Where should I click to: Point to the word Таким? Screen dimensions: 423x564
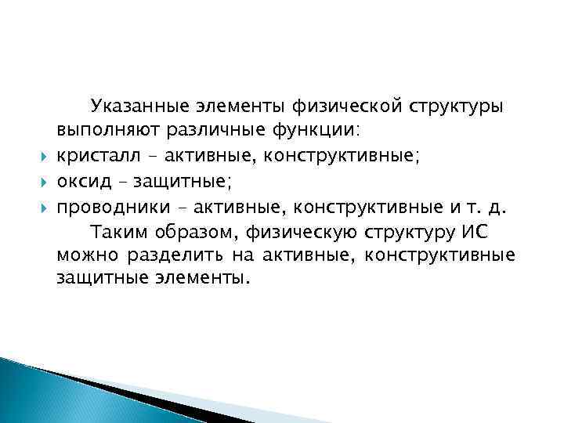[x=117, y=233]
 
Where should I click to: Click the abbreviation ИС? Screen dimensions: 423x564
[x=474, y=233]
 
